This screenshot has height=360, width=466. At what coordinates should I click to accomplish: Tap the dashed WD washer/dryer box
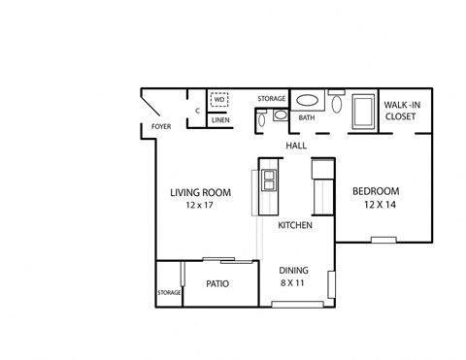220,99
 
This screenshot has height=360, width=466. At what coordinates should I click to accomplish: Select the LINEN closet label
220,121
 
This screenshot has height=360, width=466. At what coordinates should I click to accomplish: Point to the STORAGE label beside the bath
271,99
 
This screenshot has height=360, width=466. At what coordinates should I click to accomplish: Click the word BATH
307,118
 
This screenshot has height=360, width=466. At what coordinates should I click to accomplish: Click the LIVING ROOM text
198,192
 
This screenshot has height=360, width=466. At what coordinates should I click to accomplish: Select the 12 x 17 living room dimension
198,206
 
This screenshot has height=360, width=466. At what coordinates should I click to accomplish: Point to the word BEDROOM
375,191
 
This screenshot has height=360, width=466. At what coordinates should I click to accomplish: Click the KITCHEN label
294,225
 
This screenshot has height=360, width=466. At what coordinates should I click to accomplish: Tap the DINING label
294,271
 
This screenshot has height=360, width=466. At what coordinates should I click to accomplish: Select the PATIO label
217,284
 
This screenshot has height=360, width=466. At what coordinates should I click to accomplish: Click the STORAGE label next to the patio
169,292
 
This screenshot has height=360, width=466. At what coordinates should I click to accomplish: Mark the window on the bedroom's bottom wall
383,240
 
